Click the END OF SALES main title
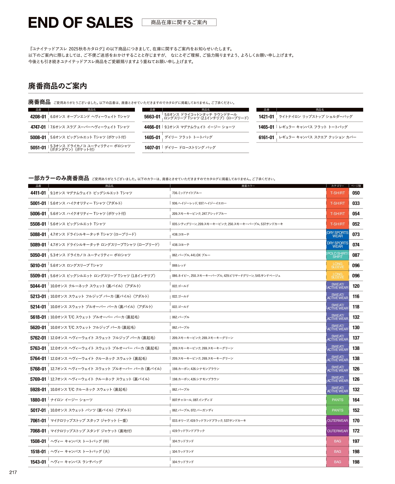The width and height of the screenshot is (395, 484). click(x=80, y=23)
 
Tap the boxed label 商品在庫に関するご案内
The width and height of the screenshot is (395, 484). click(x=179, y=22)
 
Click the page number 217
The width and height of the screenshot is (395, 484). click(x=13, y=472)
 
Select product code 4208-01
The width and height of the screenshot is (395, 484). click(x=38, y=117)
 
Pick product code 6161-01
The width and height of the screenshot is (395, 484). click(x=266, y=138)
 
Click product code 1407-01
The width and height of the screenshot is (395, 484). click(x=152, y=148)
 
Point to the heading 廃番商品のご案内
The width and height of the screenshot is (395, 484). click(x=57, y=86)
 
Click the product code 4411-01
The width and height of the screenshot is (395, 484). click(x=38, y=193)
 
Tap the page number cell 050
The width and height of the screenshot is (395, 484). click(x=356, y=193)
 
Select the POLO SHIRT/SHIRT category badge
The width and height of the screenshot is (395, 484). click(x=337, y=255)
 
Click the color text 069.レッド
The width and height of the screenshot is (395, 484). click(x=179, y=265)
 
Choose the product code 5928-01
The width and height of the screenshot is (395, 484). click(x=38, y=390)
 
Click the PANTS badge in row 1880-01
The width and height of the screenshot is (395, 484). click(x=337, y=400)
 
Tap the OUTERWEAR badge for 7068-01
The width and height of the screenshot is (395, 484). click(x=337, y=431)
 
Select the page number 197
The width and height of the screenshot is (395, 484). click(x=356, y=441)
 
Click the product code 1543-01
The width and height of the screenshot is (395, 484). click(x=38, y=462)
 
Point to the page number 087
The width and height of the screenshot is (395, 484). click(x=356, y=255)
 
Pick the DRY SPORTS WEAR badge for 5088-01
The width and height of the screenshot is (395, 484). click(x=337, y=235)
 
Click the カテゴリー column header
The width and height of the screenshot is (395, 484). click(x=337, y=186)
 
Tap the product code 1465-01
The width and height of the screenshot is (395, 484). click(x=266, y=127)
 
